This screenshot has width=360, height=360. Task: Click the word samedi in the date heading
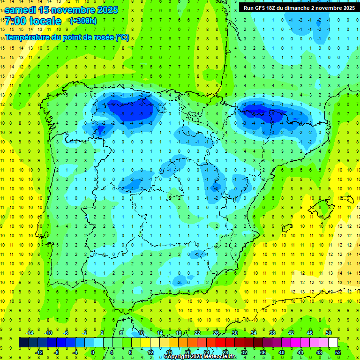point(21,10)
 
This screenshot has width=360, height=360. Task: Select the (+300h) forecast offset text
point(83,21)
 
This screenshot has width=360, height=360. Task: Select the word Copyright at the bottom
point(177,357)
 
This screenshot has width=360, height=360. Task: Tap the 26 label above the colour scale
point(216,333)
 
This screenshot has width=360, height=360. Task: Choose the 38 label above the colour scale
point(272,333)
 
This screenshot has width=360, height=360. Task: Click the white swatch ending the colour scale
point(333,343)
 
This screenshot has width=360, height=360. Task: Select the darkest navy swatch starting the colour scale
point(24,343)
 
